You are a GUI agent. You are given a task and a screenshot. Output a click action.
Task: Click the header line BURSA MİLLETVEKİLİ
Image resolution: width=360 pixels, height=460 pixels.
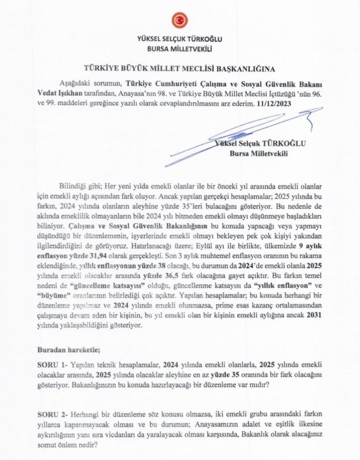tap(180, 48)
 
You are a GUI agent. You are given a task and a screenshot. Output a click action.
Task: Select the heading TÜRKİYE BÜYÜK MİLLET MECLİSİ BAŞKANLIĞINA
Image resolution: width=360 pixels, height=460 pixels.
tap(180, 68)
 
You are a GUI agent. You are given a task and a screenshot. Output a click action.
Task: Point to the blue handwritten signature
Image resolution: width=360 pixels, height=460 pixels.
tap(240, 137)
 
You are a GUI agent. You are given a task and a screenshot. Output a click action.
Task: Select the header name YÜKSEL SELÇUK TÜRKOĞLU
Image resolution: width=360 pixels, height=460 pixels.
tap(180, 39)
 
